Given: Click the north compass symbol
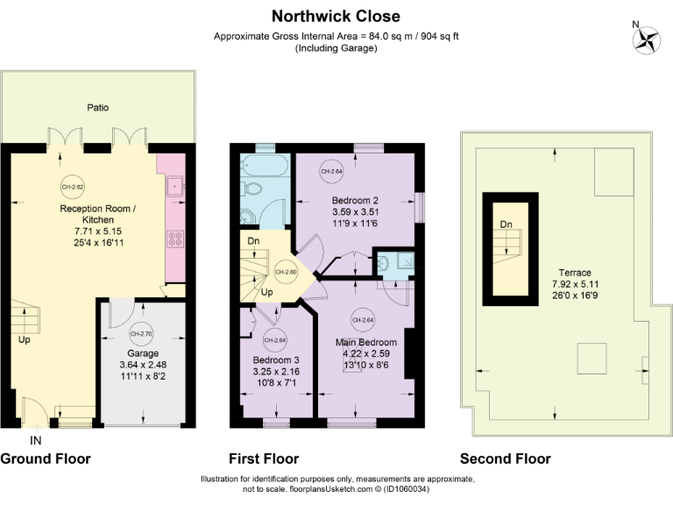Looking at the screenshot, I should tap(648, 38).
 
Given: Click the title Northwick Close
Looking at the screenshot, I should tap(336, 16).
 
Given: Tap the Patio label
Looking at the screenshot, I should tap(97, 108).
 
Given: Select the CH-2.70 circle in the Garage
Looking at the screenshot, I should tap(140, 334).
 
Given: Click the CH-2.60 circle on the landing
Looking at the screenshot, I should tap(286, 271).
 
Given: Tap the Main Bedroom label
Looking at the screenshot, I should tap(365, 342).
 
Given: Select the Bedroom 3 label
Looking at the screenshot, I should tap(276, 360).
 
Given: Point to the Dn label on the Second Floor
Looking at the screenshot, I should tap(506, 224).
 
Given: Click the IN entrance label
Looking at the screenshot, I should tap(35, 439).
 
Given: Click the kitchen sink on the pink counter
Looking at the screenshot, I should tap(173, 185).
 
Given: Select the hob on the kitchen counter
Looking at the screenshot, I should tap(173, 237).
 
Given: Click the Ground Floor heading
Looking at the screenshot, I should tap(45, 459).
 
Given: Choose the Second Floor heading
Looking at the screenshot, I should tap(506, 459).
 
